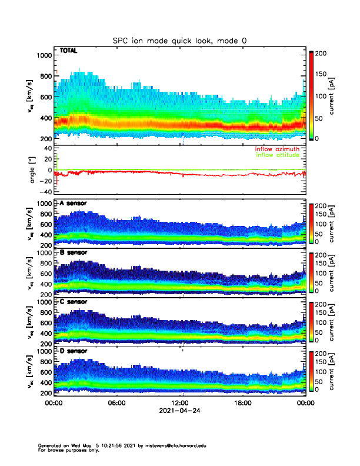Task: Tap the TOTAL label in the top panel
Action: [69, 51]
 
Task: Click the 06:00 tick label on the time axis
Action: [116, 404]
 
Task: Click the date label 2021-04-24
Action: [179, 411]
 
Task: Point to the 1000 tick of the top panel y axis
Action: [44, 55]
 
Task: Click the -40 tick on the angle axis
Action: [45, 191]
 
